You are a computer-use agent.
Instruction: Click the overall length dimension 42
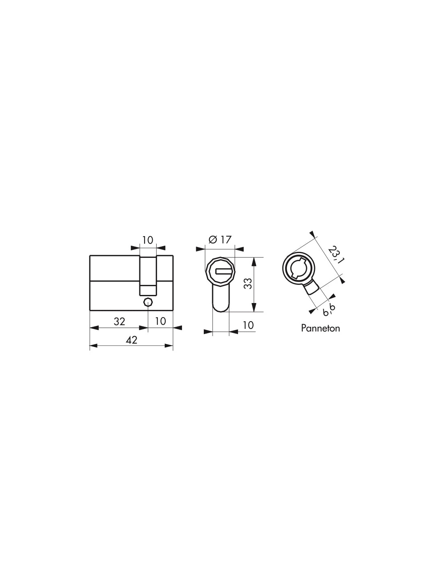(x=131, y=340)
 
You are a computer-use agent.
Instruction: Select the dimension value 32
(x=119, y=321)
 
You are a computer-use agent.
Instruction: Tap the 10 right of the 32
(x=160, y=321)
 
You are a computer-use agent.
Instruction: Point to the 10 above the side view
(x=148, y=240)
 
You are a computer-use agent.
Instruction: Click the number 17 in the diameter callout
(x=226, y=240)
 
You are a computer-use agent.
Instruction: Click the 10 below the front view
(x=249, y=325)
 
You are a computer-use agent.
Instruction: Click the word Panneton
(x=320, y=328)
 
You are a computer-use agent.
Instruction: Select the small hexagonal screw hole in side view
(x=148, y=302)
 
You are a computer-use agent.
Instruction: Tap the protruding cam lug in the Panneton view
(x=312, y=288)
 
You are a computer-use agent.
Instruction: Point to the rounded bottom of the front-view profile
(x=221, y=308)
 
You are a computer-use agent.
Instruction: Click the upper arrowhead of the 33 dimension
(x=254, y=261)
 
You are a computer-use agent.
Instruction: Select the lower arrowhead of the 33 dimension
(x=254, y=308)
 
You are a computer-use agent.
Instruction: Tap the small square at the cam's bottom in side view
(x=148, y=289)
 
